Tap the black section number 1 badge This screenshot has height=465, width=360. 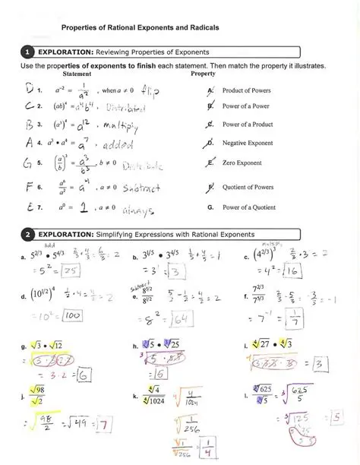pyautogui.click(x=27, y=52)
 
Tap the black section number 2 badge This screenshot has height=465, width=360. pyautogui.click(x=27, y=234)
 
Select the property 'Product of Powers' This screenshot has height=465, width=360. pyautogui.click(x=246, y=90)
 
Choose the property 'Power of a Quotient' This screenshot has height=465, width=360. pyautogui.click(x=249, y=206)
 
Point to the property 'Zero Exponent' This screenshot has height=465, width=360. pyautogui.click(x=242, y=162)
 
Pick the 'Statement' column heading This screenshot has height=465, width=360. pyautogui.click(x=77, y=74)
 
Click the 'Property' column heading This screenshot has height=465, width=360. pyautogui.click(x=203, y=74)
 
